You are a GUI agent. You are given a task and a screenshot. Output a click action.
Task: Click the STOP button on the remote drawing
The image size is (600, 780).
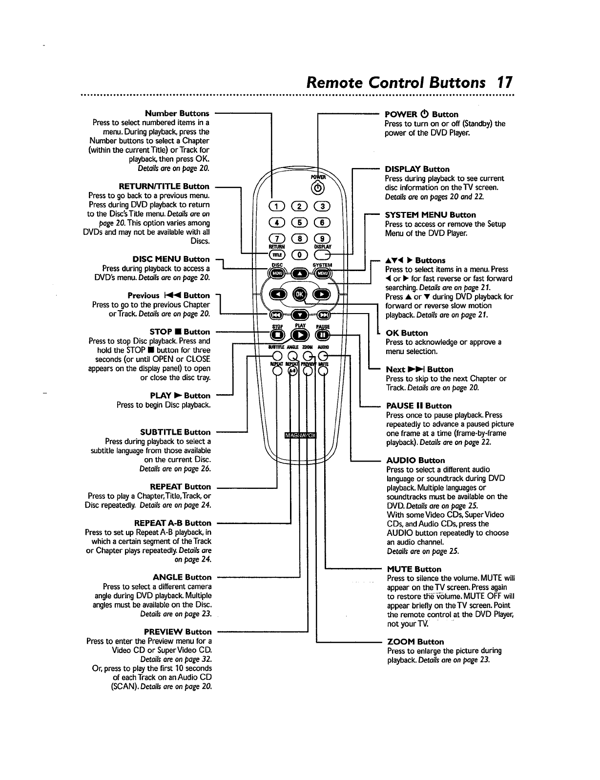(277, 335)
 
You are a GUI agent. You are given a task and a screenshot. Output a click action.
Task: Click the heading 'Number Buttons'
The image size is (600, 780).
(177, 113)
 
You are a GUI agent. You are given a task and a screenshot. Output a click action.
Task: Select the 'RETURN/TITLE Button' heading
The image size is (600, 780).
(164, 186)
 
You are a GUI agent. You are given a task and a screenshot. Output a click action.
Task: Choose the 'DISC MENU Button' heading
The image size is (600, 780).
(171, 259)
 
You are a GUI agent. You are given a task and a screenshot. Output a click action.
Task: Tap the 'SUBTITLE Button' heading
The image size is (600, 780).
(175, 432)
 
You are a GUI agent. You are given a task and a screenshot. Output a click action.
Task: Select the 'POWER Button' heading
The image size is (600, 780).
(421, 114)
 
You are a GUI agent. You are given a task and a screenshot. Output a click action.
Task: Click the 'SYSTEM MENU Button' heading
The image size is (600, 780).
(430, 215)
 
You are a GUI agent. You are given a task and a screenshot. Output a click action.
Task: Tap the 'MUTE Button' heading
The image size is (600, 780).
(414, 569)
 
